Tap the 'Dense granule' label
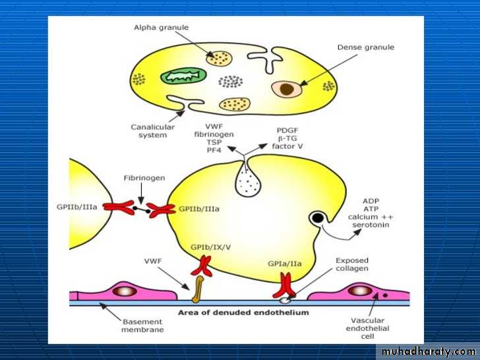(x=365, y=47)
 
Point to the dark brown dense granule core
(x=287, y=88)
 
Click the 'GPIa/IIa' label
(x=285, y=262)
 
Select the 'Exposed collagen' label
(x=351, y=264)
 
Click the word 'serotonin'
(x=371, y=225)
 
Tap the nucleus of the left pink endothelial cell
(x=123, y=290)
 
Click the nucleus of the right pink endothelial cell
(x=360, y=290)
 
